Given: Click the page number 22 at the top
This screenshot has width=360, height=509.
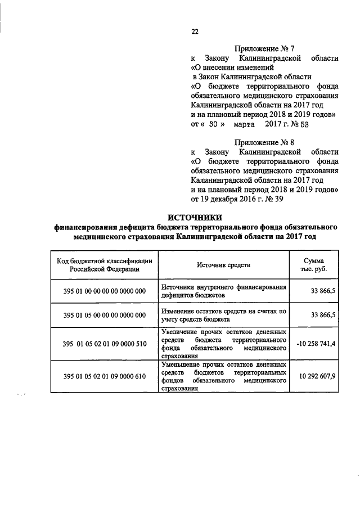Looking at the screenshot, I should coord(195,32).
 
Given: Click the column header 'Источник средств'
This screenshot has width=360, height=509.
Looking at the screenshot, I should coord(223,264).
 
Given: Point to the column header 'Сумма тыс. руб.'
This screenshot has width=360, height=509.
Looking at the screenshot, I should coord(313,264).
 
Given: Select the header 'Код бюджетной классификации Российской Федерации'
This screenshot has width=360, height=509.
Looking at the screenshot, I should coord(105,264).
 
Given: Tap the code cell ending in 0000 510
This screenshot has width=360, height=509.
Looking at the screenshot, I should coord(105,344).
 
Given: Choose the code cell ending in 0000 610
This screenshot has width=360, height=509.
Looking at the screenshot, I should coord(105,376).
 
